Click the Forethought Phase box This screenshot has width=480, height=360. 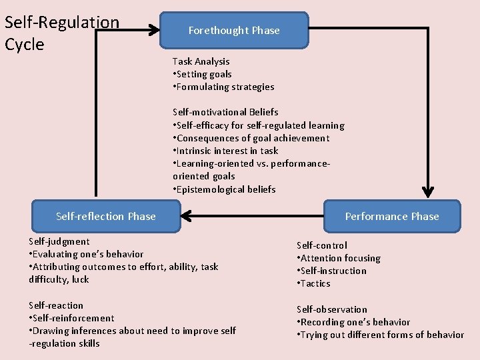pyautogui.click(x=234, y=31)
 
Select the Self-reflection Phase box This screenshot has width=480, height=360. pyautogui.click(x=106, y=216)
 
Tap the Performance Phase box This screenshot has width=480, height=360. pyautogui.click(x=391, y=216)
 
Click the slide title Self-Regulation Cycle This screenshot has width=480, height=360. pyautogui.click(x=61, y=33)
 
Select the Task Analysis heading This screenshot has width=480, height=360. pyautogui.click(x=201, y=61)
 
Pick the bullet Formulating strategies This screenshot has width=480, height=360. pyautogui.click(x=223, y=87)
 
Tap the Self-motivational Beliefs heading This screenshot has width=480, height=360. pyautogui.click(x=225, y=112)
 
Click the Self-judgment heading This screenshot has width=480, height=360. pyautogui.click(x=59, y=241)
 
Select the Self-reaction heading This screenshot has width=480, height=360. pyautogui.click(x=56, y=305)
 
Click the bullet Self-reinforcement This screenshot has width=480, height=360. pyautogui.click(x=72, y=318)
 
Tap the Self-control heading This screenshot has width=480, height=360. pyautogui.click(x=322, y=245)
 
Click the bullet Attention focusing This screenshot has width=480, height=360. pyautogui.click(x=339, y=258)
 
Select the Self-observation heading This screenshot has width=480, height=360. pyautogui.click(x=332, y=309)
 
